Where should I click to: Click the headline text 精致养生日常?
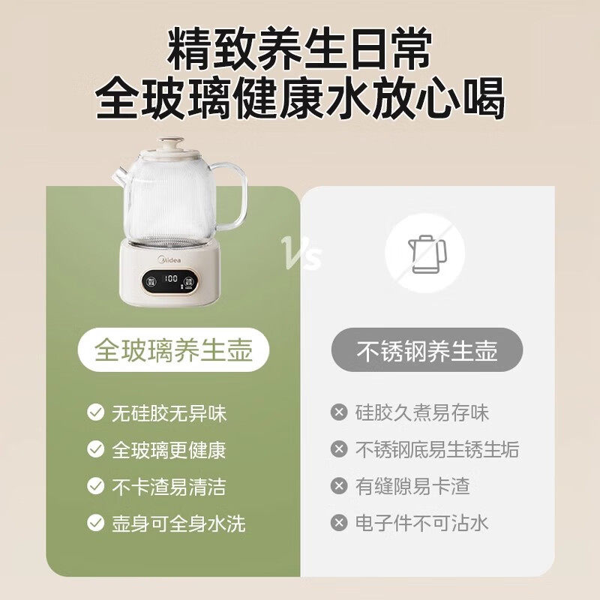[x=299, y=49]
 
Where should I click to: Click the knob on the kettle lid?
[x=172, y=144]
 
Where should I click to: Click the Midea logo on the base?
[x=169, y=260]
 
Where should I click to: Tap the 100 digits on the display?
[x=171, y=278]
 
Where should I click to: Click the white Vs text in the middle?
[x=301, y=253]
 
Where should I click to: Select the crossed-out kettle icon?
[x=424, y=253]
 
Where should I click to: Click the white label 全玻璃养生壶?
[x=173, y=349]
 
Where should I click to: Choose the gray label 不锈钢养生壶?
[x=427, y=349]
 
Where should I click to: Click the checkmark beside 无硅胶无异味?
[x=96, y=413]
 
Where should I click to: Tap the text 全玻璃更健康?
[x=169, y=450]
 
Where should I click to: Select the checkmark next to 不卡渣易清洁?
[x=96, y=486]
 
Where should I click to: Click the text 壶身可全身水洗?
[x=178, y=523]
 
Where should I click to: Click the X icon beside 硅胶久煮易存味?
[x=339, y=412]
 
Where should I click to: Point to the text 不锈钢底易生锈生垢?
[x=437, y=449]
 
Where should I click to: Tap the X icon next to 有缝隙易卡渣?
[x=339, y=486]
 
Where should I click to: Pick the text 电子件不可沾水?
[x=421, y=523]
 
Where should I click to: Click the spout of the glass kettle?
[x=119, y=176]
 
